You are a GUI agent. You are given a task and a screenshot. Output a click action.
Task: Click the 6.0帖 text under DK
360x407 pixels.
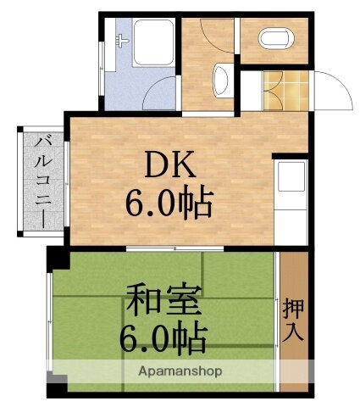(170, 203)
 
